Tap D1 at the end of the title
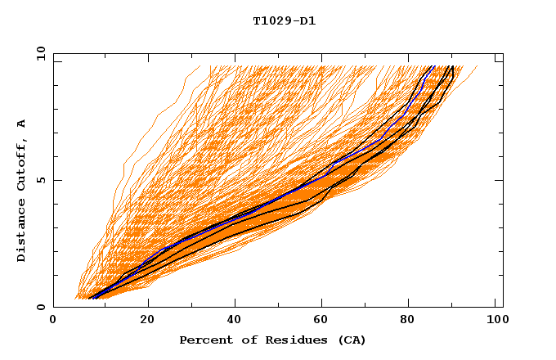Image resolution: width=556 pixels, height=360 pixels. click(x=307, y=20)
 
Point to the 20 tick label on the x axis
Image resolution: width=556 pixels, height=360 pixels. click(x=147, y=321)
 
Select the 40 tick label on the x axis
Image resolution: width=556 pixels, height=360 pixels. click(x=236, y=321)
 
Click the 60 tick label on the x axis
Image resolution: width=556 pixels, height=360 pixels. click(x=325, y=321)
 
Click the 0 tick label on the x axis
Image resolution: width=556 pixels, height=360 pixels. click(x=54, y=321)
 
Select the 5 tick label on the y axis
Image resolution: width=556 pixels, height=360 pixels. click(x=40, y=180)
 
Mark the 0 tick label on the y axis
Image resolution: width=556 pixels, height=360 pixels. click(x=40, y=307)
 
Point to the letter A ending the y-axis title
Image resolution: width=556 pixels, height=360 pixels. click(x=21, y=123)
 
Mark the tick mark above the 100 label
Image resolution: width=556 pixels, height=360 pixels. click(x=495, y=304)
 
